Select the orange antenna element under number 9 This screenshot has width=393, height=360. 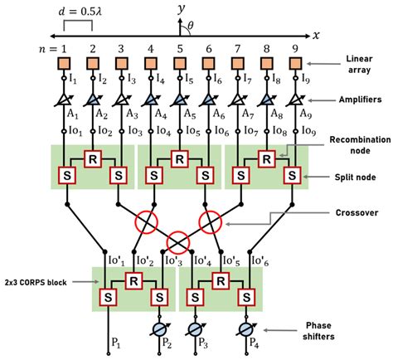[x=292, y=63]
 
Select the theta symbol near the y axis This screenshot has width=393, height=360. [x=190, y=26]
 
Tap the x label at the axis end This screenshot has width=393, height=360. [x=315, y=35]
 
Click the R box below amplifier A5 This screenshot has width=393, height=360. [x=180, y=157]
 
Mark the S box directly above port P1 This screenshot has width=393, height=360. [x=109, y=296]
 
